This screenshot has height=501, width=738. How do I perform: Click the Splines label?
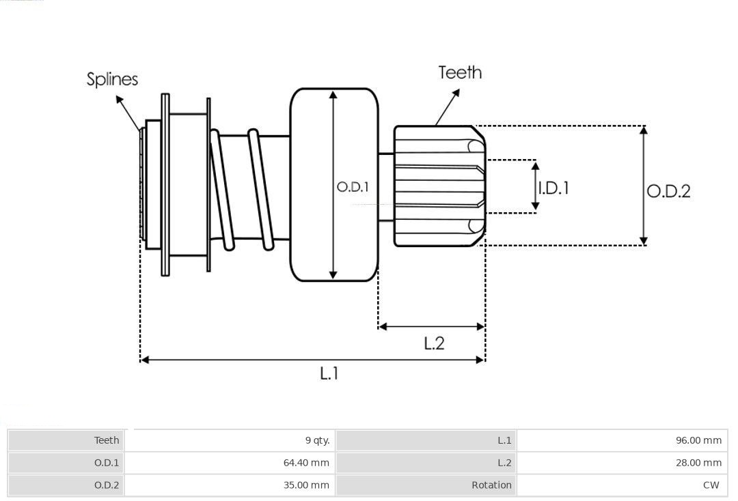point(112,79)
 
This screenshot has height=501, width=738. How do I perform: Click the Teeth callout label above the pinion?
point(460,72)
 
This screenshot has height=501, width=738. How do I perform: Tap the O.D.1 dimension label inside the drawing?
point(353,187)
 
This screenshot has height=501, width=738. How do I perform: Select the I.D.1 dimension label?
point(553,188)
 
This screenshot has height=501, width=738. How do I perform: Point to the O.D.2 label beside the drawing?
point(668,191)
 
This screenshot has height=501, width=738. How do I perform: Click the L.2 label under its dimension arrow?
point(434,343)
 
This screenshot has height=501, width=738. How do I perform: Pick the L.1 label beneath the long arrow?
point(329,373)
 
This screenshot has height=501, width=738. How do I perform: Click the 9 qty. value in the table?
point(317,440)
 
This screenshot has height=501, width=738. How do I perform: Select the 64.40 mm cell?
point(306,463)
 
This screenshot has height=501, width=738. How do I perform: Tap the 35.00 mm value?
point(306,485)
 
